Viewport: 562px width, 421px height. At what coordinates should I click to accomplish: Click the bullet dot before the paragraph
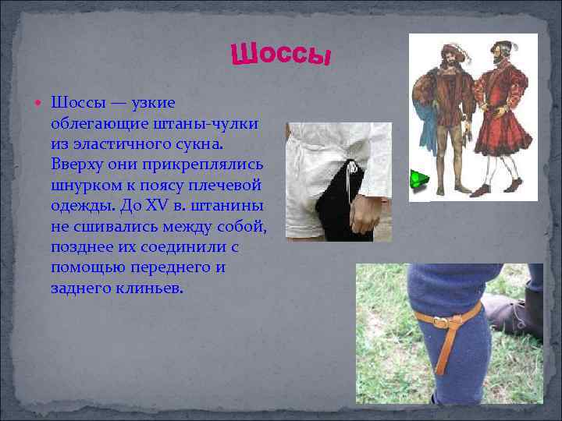40,103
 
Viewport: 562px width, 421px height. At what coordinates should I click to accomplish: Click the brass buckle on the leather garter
442,322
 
